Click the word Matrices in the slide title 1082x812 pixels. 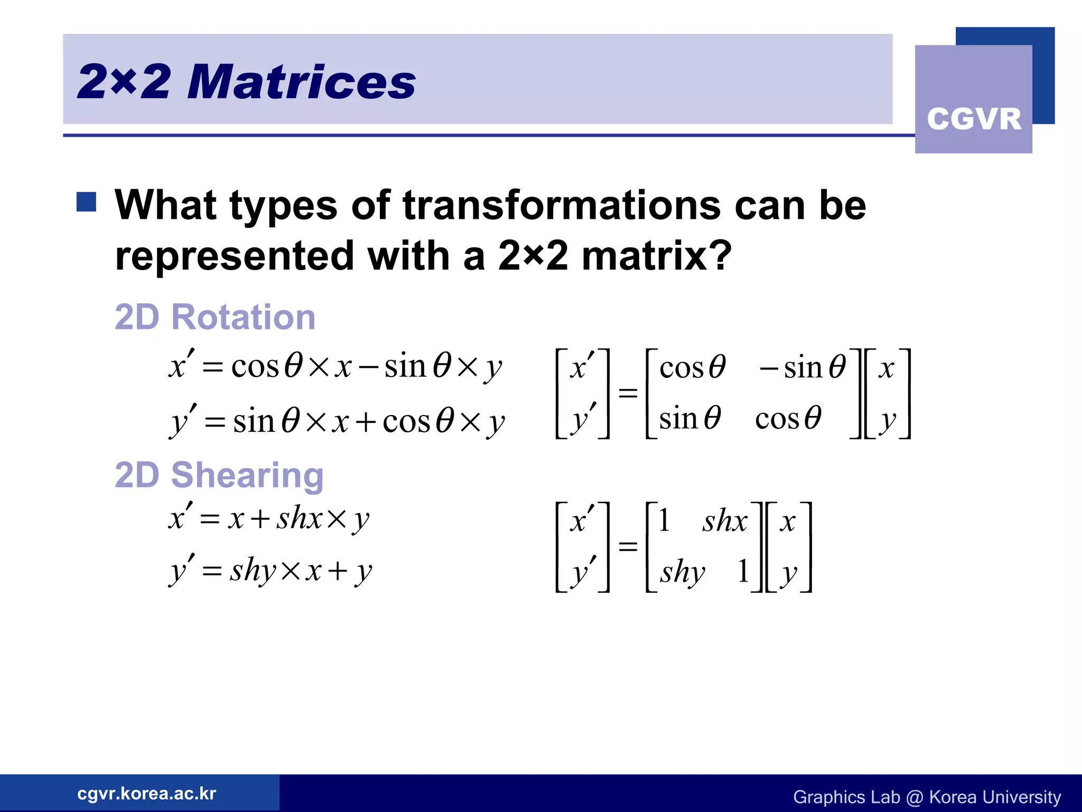302,82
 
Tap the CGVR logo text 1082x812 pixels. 974,119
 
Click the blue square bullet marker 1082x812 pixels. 86,202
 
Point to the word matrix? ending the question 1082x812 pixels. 656,256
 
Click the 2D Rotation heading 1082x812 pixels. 215,317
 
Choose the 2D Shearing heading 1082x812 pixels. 219,475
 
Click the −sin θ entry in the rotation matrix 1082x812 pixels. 802,367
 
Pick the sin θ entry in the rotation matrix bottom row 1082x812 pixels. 689,418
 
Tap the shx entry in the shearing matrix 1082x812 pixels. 724,521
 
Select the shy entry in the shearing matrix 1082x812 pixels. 682,572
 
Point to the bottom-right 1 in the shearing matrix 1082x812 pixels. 743,571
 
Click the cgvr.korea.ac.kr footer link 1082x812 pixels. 146,793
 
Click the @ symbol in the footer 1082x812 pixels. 914,797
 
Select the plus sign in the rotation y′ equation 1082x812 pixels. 366,422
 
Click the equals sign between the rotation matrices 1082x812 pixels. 628,393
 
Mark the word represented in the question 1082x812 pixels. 234,256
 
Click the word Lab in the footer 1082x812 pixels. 885,797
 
